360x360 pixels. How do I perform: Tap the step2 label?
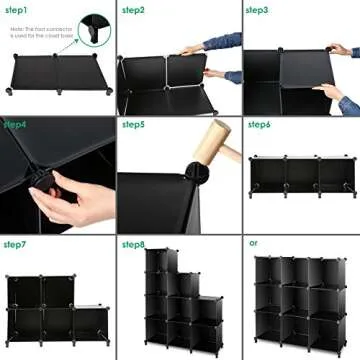(x=134, y=10)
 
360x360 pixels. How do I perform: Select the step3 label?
(x=257, y=10)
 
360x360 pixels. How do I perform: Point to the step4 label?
(x=15, y=126)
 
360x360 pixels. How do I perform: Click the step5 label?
(x=134, y=126)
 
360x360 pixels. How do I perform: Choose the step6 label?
(x=258, y=126)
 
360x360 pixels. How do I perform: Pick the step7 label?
(x=15, y=244)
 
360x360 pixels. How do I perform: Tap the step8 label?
(x=134, y=244)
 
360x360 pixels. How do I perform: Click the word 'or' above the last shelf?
(x=253, y=243)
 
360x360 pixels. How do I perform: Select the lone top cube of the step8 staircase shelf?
(x=157, y=263)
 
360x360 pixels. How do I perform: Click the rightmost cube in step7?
(x=91, y=320)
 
